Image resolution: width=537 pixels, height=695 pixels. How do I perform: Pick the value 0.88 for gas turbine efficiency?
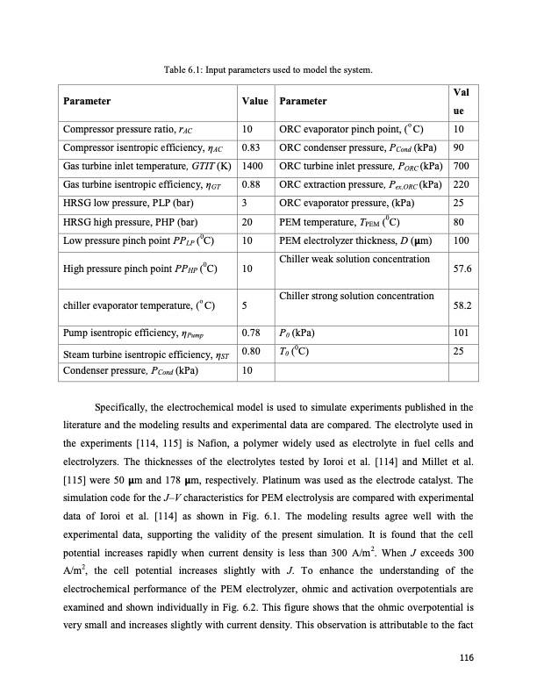click(249, 183)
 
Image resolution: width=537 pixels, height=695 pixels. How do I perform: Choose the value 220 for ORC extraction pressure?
click(460, 183)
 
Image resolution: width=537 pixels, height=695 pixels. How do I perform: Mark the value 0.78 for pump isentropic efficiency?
click(249, 333)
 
